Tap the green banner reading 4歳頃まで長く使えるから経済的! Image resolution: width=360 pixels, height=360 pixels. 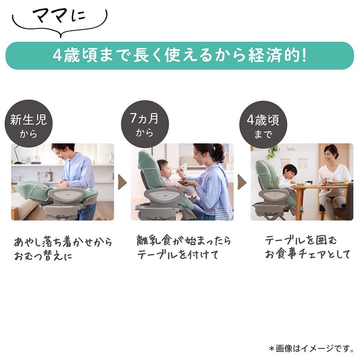click(x=180, y=56)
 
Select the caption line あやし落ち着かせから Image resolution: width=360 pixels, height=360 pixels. click(x=63, y=242)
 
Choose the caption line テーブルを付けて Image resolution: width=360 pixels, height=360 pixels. click(x=178, y=255)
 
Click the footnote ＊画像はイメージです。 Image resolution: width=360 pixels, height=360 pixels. click(x=311, y=348)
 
